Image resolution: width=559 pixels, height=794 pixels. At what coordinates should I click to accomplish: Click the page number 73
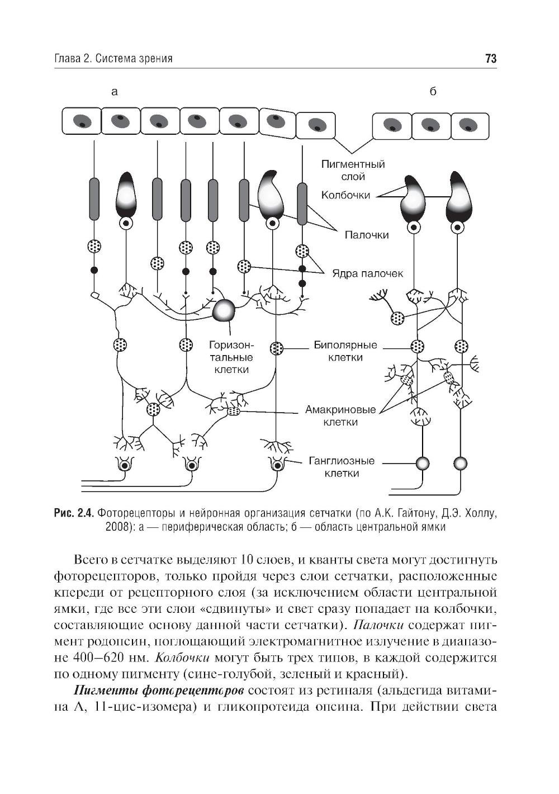click(491, 59)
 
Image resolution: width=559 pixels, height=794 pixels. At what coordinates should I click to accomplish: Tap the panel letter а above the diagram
click(115, 92)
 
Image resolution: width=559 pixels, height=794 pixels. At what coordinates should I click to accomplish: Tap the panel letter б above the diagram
click(433, 92)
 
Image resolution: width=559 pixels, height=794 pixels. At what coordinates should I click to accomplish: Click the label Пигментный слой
click(353, 170)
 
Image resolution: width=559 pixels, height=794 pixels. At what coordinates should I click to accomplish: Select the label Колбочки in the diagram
click(345, 195)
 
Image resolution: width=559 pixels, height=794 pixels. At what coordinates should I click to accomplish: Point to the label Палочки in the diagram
click(366, 235)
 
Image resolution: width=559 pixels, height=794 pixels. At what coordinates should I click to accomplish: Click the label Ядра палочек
click(367, 273)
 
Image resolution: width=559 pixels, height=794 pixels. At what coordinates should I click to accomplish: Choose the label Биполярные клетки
click(345, 351)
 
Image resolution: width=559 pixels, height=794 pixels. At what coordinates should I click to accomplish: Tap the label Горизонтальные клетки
click(231, 357)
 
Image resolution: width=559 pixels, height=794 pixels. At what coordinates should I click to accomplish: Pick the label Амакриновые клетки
click(340, 415)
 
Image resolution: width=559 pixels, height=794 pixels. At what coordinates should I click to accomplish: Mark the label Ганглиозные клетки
click(342, 467)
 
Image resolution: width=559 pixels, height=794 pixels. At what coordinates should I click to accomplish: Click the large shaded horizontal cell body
click(225, 310)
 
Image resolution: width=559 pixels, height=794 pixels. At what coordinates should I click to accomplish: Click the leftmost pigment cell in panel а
click(81, 122)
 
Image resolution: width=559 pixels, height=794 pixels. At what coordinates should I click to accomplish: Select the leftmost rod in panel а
click(94, 198)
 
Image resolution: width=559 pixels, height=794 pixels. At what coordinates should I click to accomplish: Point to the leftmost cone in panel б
click(413, 198)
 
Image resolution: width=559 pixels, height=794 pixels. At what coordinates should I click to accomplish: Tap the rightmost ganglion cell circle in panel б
click(460, 464)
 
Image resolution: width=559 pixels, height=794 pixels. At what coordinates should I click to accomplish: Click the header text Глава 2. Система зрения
click(113, 59)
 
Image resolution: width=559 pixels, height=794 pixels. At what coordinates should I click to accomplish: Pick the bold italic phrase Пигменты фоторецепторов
click(159, 690)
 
